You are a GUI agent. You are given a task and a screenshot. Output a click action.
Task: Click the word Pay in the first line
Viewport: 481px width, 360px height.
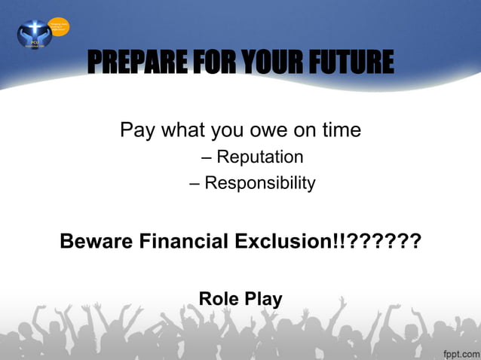pyautogui.click(x=137, y=131)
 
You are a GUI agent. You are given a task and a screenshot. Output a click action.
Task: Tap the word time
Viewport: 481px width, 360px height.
pyautogui.click(x=338, y=131)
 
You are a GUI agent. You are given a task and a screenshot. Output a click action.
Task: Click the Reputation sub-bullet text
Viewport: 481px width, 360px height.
pyautogui.click(x=260, y=157)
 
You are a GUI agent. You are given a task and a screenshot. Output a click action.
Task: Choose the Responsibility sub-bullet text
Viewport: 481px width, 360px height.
pyautogui.click(x=260, y=183)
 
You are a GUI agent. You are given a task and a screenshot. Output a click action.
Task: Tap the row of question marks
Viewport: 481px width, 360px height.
pyautogui.click(x=383, y=242)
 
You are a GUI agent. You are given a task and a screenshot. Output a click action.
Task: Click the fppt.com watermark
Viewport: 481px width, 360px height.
pyautogui.click(x=458, y=352)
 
